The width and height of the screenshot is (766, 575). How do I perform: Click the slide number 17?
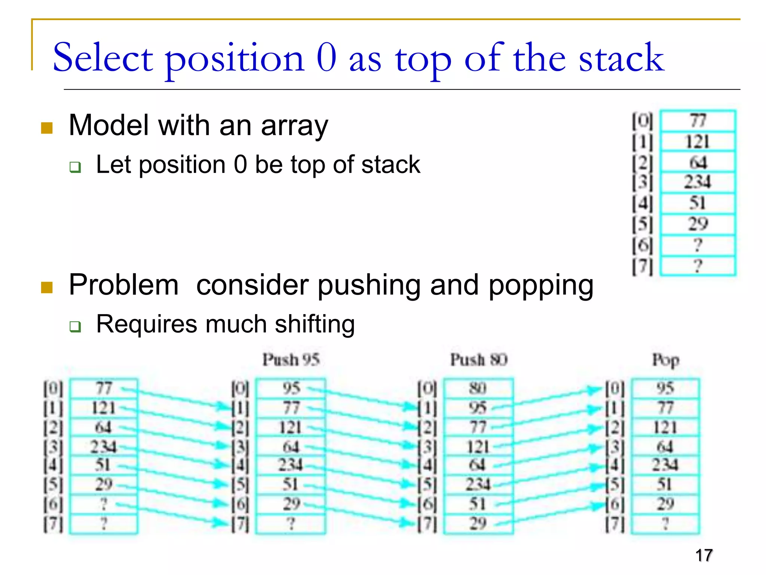[x=704, y=555]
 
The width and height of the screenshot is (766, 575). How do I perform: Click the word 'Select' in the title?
[x=103, y=58]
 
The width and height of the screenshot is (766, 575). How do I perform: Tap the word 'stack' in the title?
[x=621, y=58]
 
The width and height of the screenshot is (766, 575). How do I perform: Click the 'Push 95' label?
[x=291, y=360]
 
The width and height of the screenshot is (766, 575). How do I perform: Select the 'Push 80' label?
[x=478, y=360]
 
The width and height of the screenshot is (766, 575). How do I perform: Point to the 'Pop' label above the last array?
[x=665, y=360]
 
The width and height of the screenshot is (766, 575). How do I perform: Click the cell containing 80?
[x=478, y=388]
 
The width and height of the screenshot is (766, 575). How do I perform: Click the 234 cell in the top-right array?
[x=698, y=182]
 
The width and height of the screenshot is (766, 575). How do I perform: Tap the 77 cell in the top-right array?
[x=698, y=121]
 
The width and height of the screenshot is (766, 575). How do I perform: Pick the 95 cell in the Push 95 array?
[x=291, y=388]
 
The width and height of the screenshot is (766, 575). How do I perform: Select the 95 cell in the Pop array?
[x=665, y=388]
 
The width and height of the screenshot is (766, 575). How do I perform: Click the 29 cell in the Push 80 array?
[x=478, y=523]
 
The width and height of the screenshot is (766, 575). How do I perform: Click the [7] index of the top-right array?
[x=642, y=267]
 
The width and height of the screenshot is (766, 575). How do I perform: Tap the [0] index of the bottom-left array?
[x=53, y=389]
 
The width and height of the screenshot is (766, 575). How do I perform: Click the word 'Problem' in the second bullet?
[x=124, y=285]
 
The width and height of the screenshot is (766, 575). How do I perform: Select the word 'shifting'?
[x=315, y=324]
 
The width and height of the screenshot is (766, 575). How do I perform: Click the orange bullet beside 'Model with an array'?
[x=47, y=128]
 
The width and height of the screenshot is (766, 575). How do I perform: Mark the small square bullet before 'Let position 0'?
[x=75, y=167]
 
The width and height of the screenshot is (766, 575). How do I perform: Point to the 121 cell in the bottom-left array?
[x=104, y=408]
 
